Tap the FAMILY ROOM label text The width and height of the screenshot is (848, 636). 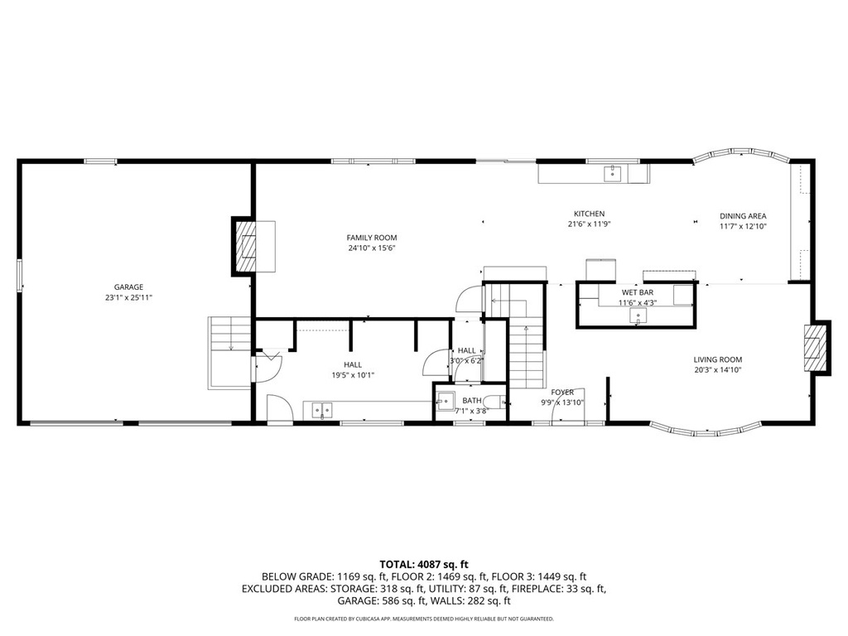click(372, 238)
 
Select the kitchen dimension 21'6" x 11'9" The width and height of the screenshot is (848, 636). click(590, 224)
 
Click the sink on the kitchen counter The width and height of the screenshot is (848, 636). click(613, 173)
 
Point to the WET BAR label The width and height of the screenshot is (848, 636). click(638, 293)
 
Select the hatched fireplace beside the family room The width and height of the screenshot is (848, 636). click(247, 246)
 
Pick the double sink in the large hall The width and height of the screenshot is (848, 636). click(322, 408)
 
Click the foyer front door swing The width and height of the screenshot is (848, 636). click(568, 405)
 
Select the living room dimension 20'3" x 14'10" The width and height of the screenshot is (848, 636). click(718, 370)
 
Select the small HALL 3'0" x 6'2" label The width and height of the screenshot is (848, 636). click(467, 355)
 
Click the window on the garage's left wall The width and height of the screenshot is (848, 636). click(20, 275)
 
